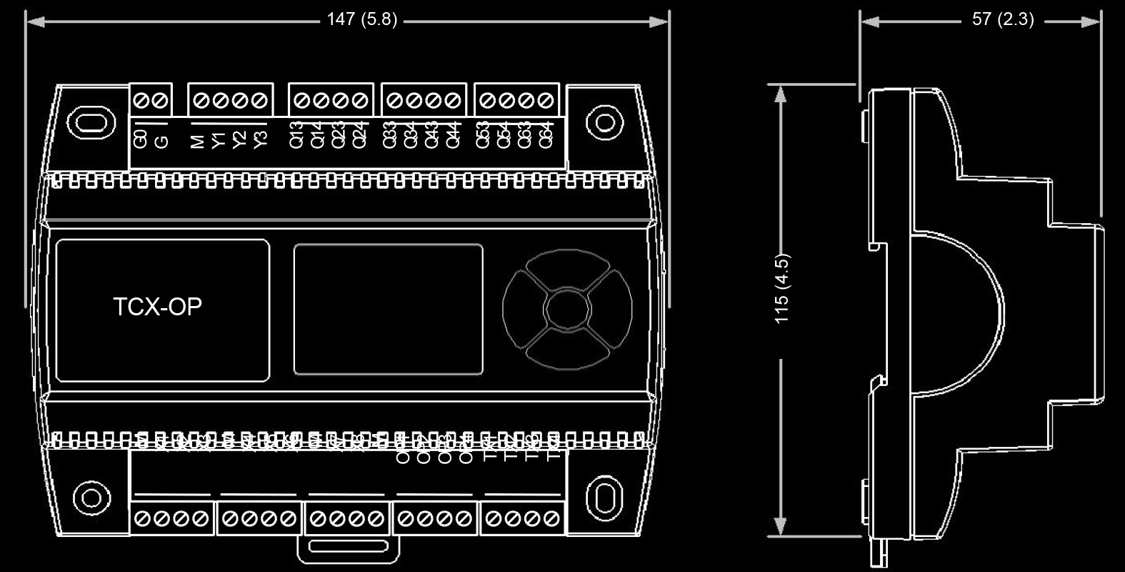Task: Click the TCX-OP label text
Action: click(x=158, y=307)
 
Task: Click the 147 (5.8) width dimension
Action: click(x=361, y=19)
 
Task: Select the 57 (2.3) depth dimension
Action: click(x=1002, y=19)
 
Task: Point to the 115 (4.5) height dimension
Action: click(x=782, y=288)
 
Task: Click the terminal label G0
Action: click(x=141, y=138)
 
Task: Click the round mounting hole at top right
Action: click(x=604, y=122)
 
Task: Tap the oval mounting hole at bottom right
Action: click(x=604, y=497)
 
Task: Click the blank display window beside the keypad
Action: click(x=388, y=309)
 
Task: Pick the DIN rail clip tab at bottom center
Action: click(x=348, y=548)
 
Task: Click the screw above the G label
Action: click(x=161, y=101)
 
